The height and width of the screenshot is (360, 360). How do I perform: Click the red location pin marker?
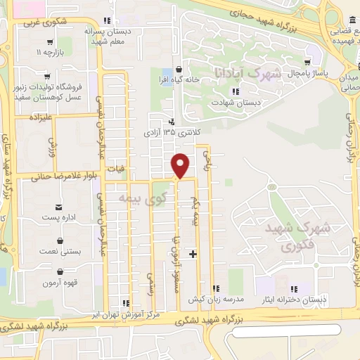coord(181,165)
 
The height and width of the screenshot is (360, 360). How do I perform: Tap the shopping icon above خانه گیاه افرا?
coord(181,69)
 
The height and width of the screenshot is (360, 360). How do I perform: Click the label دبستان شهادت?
coord(235,102)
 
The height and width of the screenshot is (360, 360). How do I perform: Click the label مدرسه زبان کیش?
coord(216,300)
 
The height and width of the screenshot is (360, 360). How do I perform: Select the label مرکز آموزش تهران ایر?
coord(131,314)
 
